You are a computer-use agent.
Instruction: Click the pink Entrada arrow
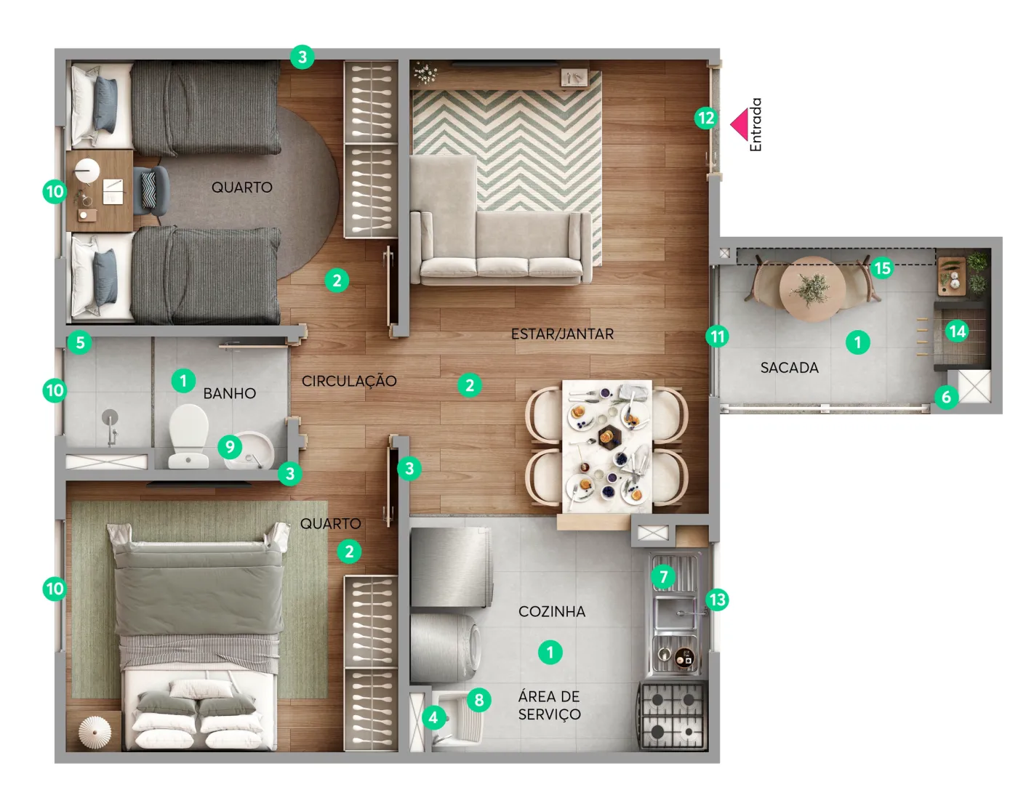click(x=740, y=124)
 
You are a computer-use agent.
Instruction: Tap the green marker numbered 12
click(x=706, y=118)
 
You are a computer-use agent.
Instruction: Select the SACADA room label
click(x=789, y=368)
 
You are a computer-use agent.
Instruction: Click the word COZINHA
click(x=552, y=612)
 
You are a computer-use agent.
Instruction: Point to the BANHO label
click(x=230, y=393)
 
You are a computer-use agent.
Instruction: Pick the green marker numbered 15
click(x=882, y=268)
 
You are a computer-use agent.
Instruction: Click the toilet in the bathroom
click(x=189, y=436)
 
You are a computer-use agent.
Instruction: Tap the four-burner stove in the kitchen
click(x=672, y=715)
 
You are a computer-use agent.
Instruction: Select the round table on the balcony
click(x=812, y=289)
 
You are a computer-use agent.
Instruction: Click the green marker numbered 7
click(x=663, y=576)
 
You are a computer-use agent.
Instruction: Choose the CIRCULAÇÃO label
click(x=349, y=381)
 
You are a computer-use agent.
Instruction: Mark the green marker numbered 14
click(x=958, y=331)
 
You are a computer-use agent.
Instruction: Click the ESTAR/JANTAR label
click(x=562, y=334)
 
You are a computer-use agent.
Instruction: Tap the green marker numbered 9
click(x=230, y=446)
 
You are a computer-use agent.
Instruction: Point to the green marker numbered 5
click(x=80, y=342)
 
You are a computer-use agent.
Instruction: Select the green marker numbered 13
click(x=717, y=600)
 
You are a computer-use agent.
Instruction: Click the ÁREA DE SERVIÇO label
click(x=549, y=705)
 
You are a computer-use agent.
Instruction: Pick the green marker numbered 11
click(x=717, y=336)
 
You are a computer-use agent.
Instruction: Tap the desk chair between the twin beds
click(x=151, y=190)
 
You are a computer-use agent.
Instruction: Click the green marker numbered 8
click(x=478, y=700)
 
